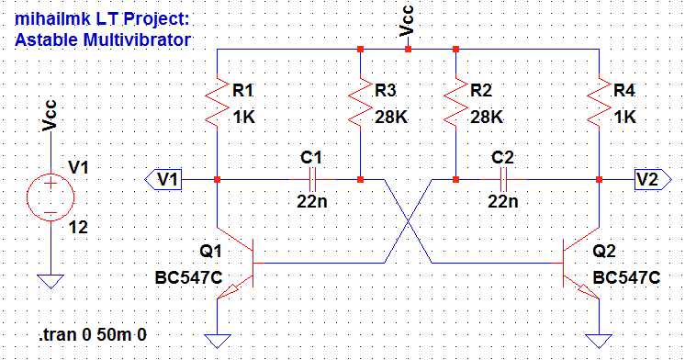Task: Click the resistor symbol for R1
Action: tap(217, 104)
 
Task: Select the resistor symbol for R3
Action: tap(360, 104)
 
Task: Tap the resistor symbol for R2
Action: tap(455, 104)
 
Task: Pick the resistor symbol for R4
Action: tap(599, 104)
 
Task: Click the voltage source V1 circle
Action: tap(50, 196)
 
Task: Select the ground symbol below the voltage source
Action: tap(50, 281)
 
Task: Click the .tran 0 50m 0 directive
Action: tap(93, 332)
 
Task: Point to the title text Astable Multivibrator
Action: tap(103, 39)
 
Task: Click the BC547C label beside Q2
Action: tap(627, 278)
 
